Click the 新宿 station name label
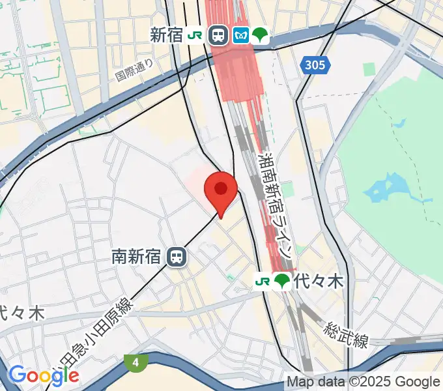pyautogui.click(x=166, y=35)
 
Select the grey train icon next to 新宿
pyautogui.click(x=218, y=35)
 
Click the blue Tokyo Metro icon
pyautogui.click(x=241, y=35)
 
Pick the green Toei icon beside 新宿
pyautogui.click(x=261, y=35)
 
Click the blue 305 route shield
pyautogui.click(x=315, y=65)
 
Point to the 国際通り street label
pyautogui.click(x=134, y=70)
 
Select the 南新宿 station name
pyautogui.click(x=139, y=257)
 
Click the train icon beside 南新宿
pyautogui.click(x=176, y=257)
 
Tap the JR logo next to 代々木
pyautogui.click(x=263, y=282)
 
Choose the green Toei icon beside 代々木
pyautogui.click(x=282, y=282)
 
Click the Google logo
pyautogui.click(x=43, y=375)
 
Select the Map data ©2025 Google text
pyautogui.click(x=364, y=382)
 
